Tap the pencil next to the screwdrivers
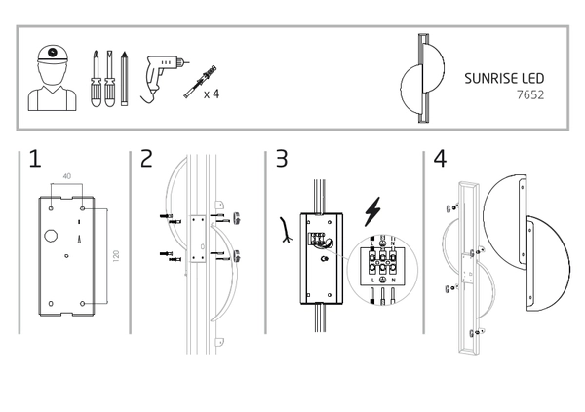124,79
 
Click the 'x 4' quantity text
211,94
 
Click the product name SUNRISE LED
504,78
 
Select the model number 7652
529,95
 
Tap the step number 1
35,160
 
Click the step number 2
146,160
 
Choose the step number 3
282,160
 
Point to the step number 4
439,160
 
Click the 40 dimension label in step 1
66,176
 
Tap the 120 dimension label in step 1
114,257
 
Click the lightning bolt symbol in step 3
371,211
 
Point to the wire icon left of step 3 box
283,229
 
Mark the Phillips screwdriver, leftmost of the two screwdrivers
97,78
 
